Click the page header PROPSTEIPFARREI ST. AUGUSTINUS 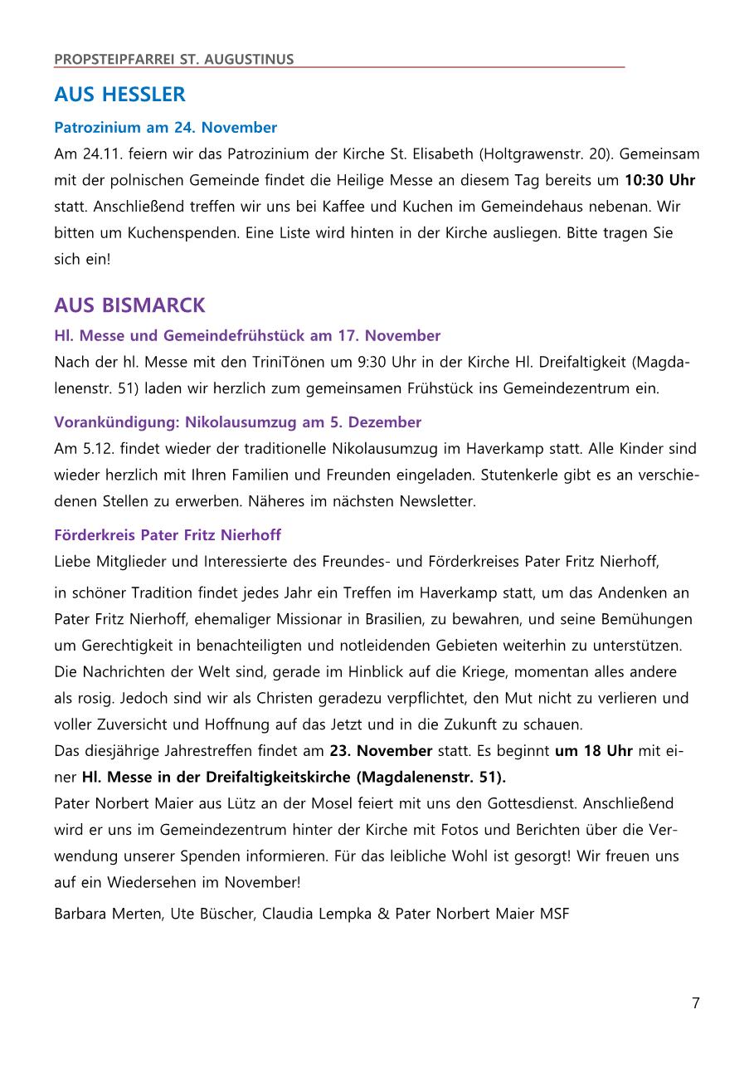tap(173, 59)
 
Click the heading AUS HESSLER tap(119, 95)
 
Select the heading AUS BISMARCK tap(129, 305)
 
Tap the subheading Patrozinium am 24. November tap(165, 128)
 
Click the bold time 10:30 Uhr tap(659, 180)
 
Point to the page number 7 tap(695, 1003)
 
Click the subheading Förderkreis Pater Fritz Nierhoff tap(168, 535)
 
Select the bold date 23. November tap(381, 751)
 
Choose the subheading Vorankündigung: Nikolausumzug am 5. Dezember tap(237, 422)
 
